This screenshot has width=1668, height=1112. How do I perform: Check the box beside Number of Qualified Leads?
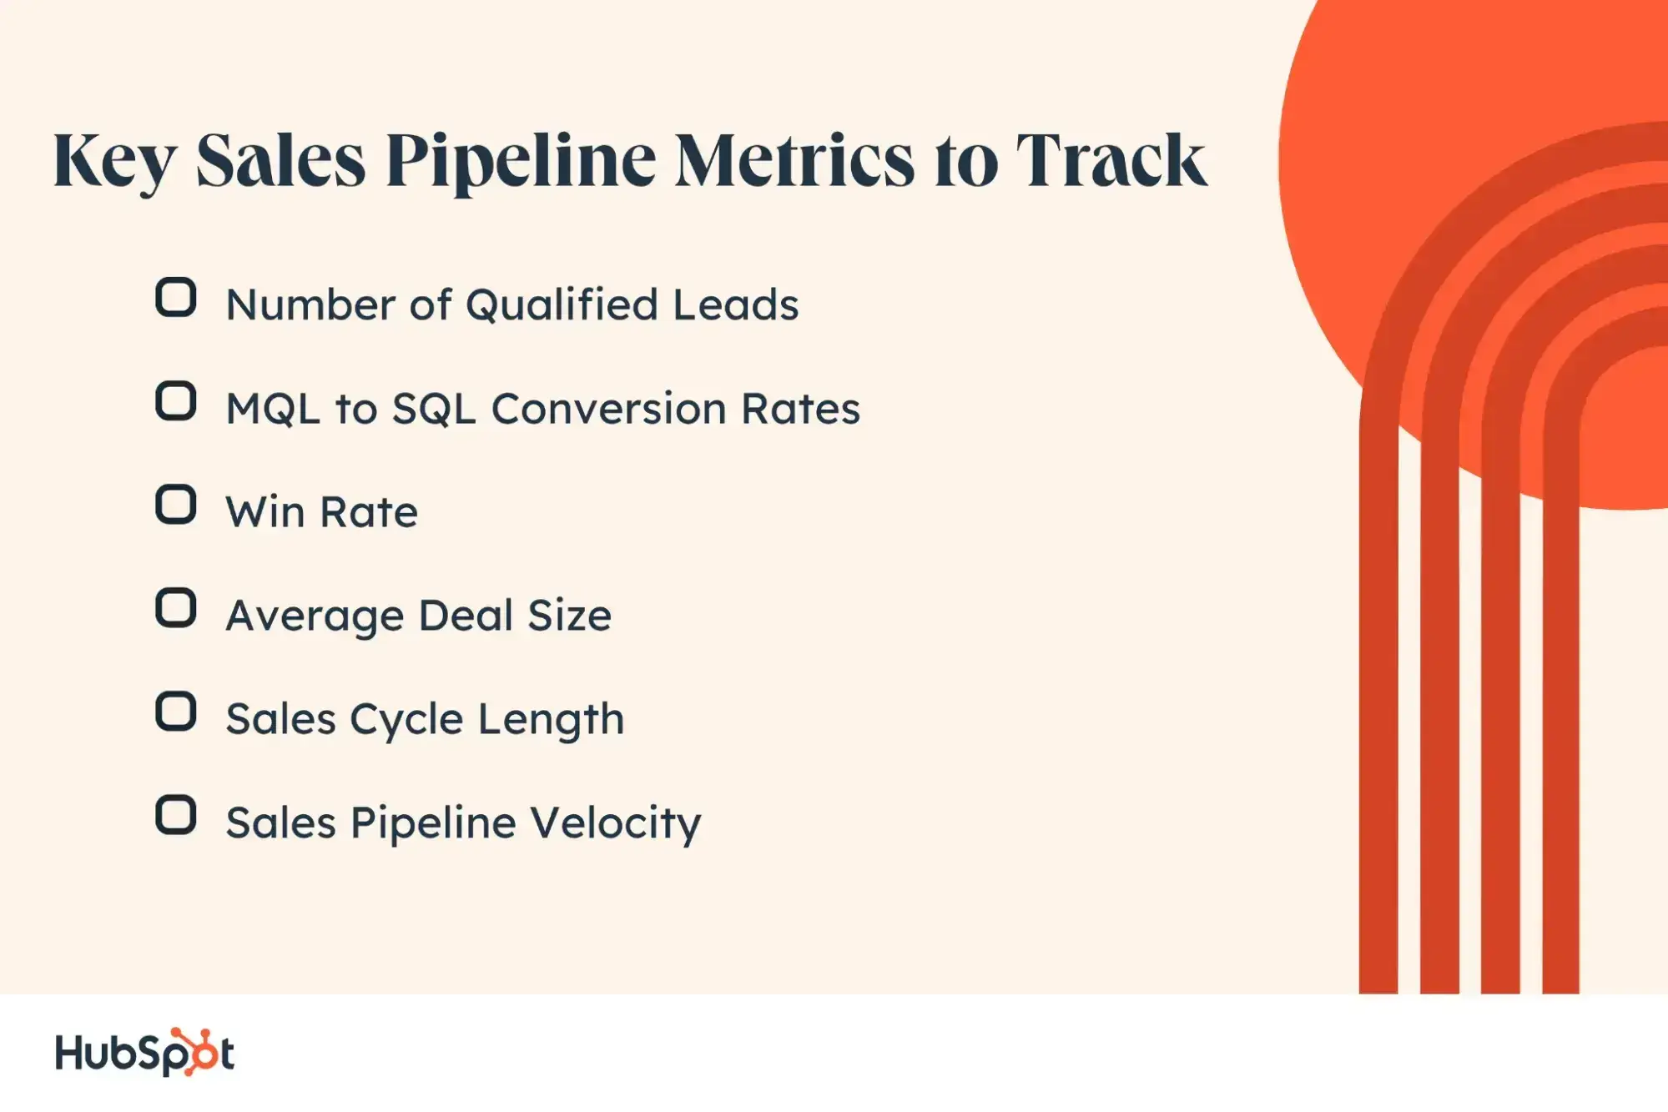(176, 298)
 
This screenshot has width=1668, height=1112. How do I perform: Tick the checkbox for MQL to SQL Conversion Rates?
(176, 401)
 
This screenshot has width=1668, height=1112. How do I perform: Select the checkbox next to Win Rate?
(176, 505)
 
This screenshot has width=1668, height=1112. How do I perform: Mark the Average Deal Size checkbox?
(176, 608)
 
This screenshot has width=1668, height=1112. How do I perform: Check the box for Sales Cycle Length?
(176, 712)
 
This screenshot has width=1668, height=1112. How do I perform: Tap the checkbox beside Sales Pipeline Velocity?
(176, 815)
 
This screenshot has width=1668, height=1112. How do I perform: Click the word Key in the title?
(114, 161)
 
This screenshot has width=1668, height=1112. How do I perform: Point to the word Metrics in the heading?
(794, 159)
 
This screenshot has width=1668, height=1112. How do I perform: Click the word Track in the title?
(1111, 159)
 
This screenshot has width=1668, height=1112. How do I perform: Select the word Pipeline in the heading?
(521, 161)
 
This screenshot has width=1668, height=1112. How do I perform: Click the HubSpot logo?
(144, 1052)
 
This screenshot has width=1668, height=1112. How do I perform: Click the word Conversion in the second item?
(608, 409)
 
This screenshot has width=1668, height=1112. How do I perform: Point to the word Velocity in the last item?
(616, 824)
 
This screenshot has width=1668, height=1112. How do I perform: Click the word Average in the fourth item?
(315, 617)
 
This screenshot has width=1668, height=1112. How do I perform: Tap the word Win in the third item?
(265, 512)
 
